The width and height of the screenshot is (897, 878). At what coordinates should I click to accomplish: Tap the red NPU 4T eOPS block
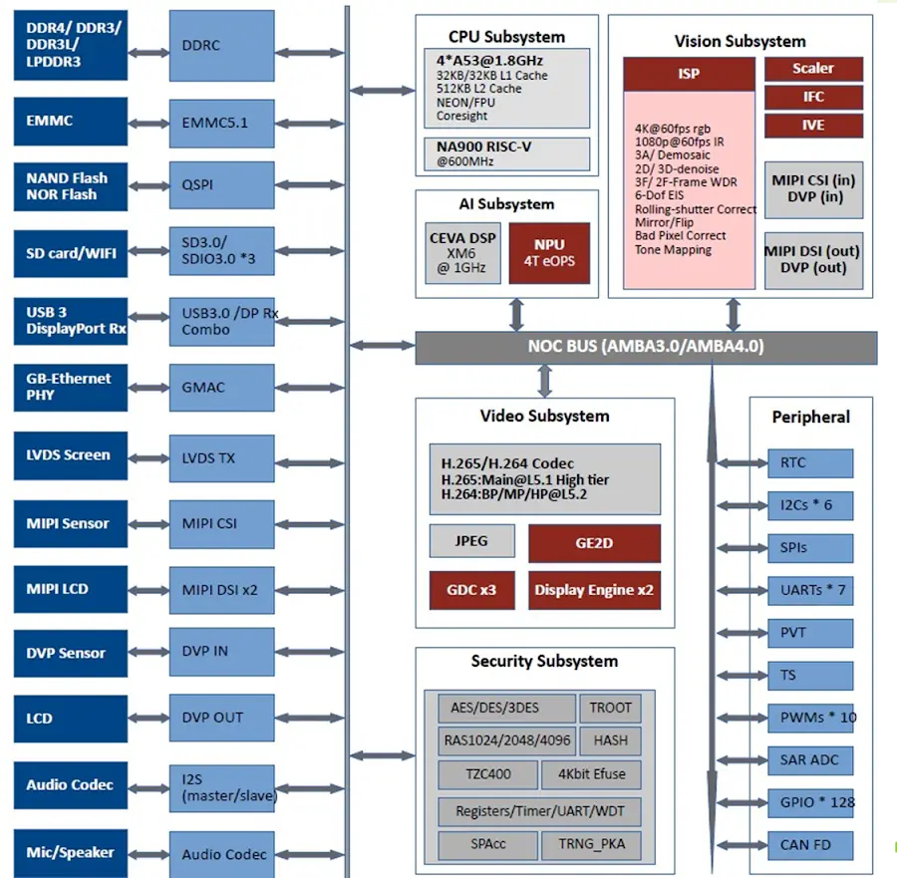549,253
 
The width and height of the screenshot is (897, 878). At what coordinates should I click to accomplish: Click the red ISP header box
689,74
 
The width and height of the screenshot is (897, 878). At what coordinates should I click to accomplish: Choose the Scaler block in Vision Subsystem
813,69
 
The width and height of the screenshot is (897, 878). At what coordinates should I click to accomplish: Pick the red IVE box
813,126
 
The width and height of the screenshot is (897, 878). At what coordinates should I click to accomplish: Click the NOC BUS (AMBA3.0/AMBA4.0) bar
646,348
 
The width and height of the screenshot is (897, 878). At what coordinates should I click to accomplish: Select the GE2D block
594,543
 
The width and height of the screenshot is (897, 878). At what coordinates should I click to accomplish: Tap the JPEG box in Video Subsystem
471,541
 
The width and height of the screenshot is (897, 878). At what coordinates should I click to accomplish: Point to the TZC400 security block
487,774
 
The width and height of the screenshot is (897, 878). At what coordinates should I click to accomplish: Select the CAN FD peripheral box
809,845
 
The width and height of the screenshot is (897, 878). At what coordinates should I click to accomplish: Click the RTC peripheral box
809,463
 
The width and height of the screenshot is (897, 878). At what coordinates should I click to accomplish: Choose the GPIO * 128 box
809,802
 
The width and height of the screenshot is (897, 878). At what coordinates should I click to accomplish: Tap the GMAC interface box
221,387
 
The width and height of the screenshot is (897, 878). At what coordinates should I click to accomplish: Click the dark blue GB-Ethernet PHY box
70,387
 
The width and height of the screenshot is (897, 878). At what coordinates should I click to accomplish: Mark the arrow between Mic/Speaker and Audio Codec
149,854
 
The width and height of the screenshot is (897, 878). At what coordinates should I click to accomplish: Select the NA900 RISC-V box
506,153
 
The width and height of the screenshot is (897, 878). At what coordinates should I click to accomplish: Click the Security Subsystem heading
544,662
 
